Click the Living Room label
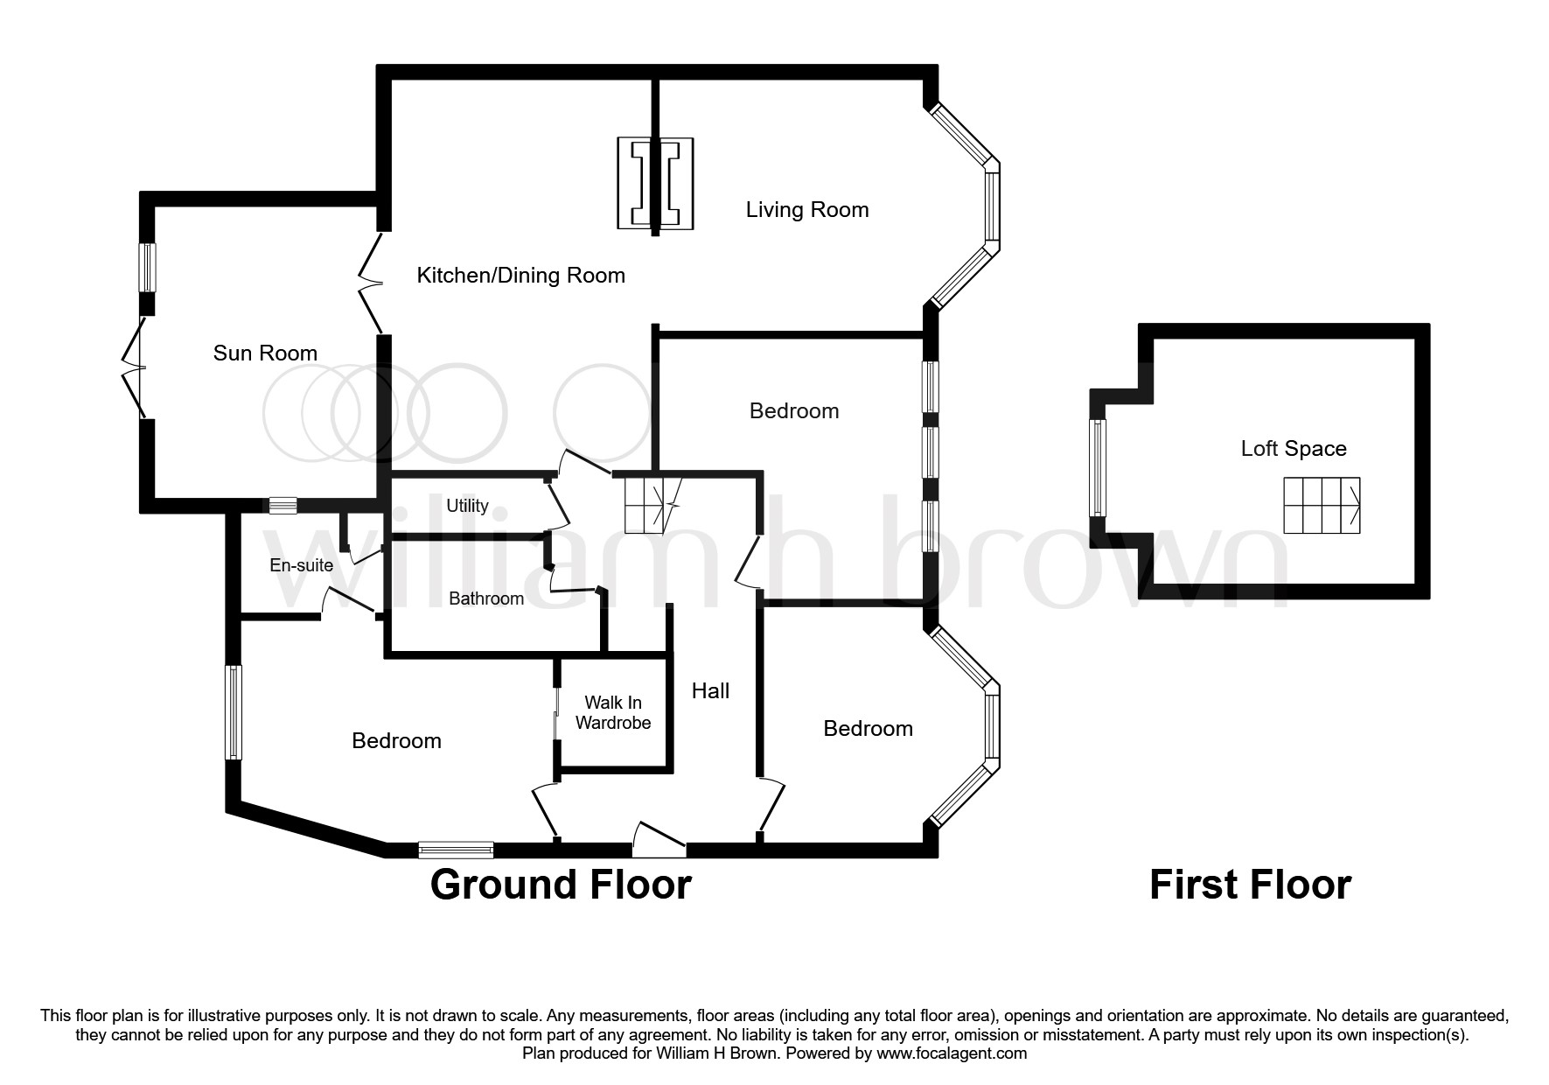(806, 210)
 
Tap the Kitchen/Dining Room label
(520, 276)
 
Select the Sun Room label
(265, 353)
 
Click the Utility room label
(467, 506)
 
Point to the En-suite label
(301, 565)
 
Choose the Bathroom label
(486, 598)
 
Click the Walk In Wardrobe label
(613, 712)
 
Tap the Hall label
(710, 691)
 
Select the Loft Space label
(1293, 449)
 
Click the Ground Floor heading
(561, 885)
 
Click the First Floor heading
(1249, 885)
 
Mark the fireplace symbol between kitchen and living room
(655, 184)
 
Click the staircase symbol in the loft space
(1322, 506)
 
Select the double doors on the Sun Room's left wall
(136, 367)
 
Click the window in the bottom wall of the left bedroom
(455, 850)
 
